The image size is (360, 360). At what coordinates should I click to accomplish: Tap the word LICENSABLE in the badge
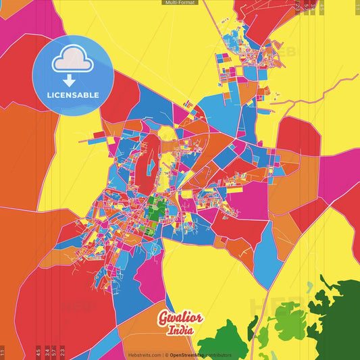coord(73,95)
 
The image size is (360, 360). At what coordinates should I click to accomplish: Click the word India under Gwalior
coord(180,331)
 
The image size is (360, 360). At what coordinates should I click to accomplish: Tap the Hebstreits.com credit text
coord(144,355)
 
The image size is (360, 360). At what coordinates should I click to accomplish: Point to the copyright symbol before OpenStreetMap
coord(166,355)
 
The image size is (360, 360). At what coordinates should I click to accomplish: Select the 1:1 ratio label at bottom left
coord(3,352)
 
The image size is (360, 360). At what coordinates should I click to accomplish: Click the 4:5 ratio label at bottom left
coord(38,352)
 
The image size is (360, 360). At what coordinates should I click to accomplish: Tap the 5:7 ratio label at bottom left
coord(53,352)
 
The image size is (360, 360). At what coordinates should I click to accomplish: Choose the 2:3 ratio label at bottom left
coord(62,352)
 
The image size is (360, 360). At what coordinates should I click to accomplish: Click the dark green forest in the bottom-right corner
coord(338,324)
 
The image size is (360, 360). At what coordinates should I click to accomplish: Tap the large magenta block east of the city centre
coord(253,196)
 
